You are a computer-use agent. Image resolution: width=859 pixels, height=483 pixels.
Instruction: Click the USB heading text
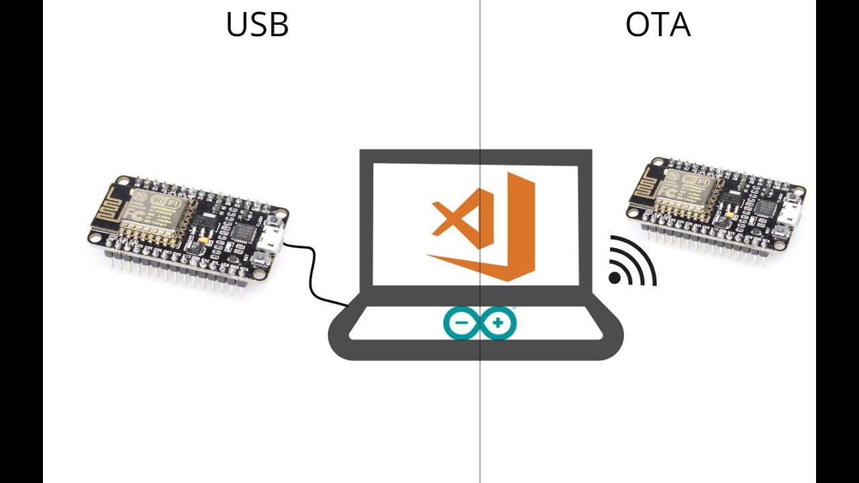pyautogui.click(x=257, y=25)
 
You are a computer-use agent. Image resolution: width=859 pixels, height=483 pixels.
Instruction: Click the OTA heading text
pyautogui.click(x=657, y=25)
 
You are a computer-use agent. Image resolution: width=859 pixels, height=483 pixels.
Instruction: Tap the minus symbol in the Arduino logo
pyautogui.click(x=462, y=323)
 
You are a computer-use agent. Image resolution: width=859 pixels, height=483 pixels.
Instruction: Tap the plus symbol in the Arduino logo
pyautogui.click(x=498, y=323)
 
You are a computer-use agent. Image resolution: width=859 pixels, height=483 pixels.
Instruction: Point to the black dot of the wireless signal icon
pyautogui.click(x=614, y=278)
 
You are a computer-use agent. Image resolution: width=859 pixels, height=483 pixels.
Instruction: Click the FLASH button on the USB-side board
pyautogui.click(x=274, y=224)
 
